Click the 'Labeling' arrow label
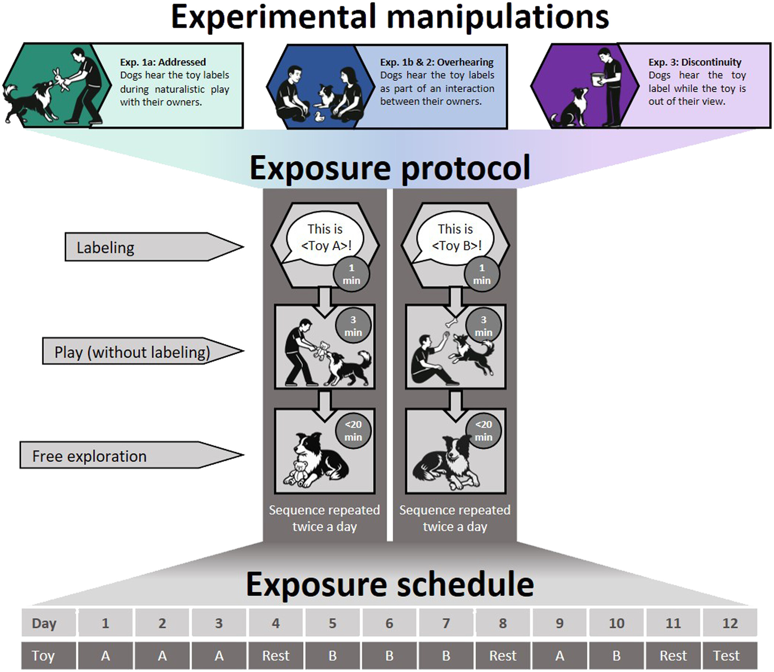(x=105, y=248)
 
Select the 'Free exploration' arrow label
(x=89, y=456)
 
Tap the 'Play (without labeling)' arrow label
(x=132, y=352)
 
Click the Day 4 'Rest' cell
(x=276, y=655)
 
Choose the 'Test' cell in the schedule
(x=726, y=655)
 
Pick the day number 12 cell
(x=730, y=623)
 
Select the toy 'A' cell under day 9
(x=560, y=655)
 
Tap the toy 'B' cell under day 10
(x=616, y=655)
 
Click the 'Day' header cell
(x=44, y=623)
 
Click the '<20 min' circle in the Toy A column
(x=353, y=430)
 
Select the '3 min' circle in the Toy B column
(x=483, y=326)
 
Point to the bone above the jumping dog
(x=452, y=322)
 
